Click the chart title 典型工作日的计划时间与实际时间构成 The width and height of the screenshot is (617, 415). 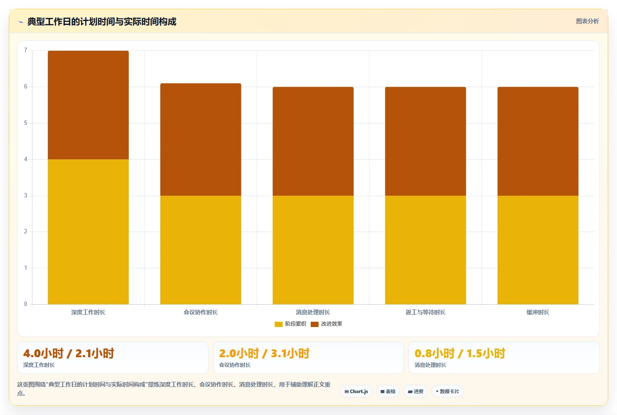tap(102, 21)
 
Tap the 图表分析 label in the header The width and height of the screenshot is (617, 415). tap(587, 21)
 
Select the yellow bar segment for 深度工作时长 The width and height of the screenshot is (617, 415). tap(88, 232)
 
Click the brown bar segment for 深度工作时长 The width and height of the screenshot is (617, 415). tap(88, 105)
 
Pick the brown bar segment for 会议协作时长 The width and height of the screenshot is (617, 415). tap(201, 140)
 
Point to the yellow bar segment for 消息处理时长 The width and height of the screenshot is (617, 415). tap(313, 250)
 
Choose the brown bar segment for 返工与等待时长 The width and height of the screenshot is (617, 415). tap(426, 141)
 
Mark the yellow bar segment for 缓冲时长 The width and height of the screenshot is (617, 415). tap(538, 250)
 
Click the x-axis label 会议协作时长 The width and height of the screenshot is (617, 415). tap(201, 312)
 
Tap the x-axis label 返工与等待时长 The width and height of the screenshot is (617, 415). tap(426, 312)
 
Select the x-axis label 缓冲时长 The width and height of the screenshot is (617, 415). tap(538, 312)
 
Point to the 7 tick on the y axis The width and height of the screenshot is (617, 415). tap(25, 50)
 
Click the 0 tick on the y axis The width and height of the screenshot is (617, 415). tap(25, 304)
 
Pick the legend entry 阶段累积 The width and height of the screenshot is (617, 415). tap(291, 324)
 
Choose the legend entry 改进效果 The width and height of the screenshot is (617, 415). tap(326, 324)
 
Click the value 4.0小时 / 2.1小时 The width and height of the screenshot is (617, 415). tap(69, 353)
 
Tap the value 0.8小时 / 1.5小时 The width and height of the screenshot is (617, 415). tap(460, 353)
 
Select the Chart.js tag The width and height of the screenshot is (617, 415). tap(356, 391)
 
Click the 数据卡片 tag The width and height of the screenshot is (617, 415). tap(447, 391)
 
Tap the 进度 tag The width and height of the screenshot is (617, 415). tap(415, 391)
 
